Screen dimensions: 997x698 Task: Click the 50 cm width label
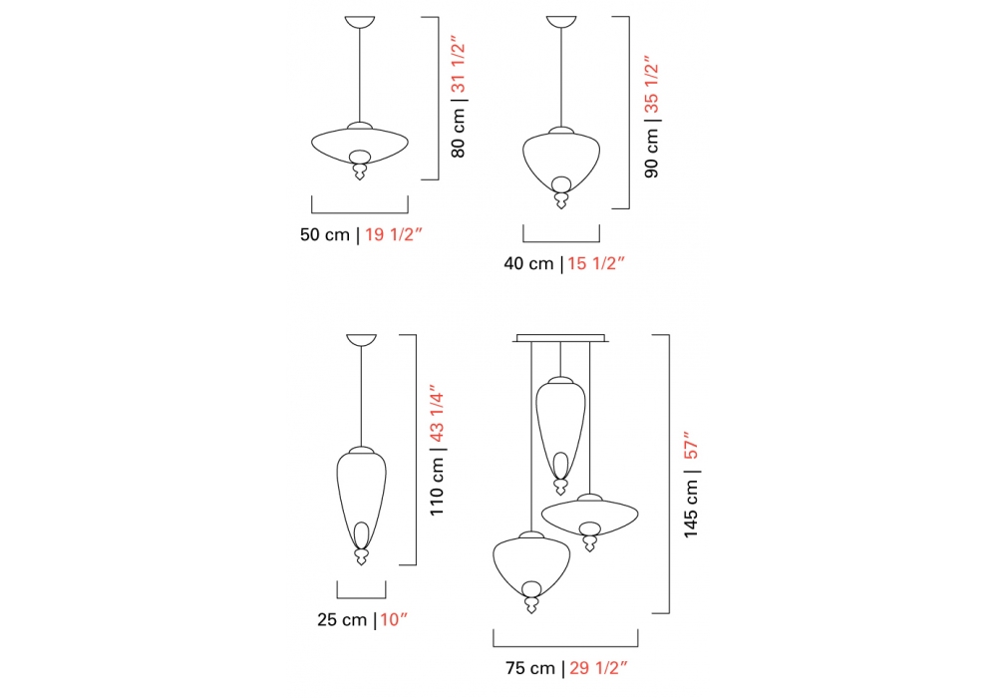325,234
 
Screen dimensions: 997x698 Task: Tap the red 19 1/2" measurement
394,234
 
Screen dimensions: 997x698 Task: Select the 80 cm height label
459,133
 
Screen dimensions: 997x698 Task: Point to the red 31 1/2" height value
459,68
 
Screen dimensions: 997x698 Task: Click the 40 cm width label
528,263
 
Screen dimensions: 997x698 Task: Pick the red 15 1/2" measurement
596,263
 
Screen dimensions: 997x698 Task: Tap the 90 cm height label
652,153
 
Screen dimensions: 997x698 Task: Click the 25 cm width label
342,620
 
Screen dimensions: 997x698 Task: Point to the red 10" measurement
394,620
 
